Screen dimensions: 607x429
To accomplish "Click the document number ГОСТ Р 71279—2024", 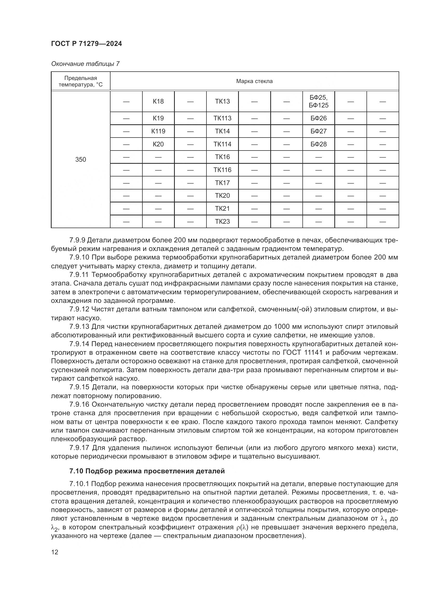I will (86, 44).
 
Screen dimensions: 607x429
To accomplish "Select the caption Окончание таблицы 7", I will (85, 64).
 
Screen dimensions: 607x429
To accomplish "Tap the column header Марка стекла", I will (254, 81).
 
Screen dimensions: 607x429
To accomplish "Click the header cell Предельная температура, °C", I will (81, 81).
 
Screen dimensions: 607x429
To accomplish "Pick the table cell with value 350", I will (81, 159).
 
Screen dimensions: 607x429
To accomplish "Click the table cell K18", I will (158, 101).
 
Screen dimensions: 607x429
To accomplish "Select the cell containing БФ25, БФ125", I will (319, 101).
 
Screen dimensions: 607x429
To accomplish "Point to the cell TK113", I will (223, 118).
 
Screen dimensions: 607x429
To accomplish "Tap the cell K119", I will (158, 131).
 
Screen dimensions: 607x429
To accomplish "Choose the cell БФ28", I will (319, 144).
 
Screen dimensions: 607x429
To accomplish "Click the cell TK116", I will (223, 170).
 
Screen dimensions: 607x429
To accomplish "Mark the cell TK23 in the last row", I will (223, 221).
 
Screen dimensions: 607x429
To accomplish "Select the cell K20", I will (158, 144).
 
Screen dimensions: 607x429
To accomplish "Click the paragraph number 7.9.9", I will (77, 240).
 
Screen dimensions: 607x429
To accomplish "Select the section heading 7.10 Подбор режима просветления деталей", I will (147, 471).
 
